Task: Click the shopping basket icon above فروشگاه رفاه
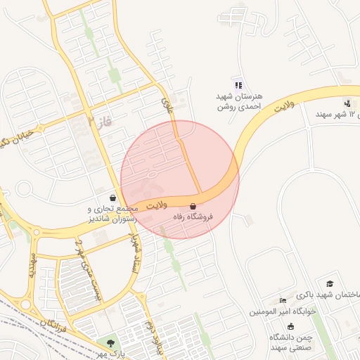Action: click(193, 207)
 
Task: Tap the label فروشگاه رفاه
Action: click(193, 218)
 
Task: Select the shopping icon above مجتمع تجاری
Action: click(114, 198)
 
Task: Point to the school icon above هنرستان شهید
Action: click(238, 84)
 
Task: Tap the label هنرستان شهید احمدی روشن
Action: click(238, 101)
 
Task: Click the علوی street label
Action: click(167, 106)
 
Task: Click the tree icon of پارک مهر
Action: click(110, 342)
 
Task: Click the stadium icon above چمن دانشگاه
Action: click(291, 326)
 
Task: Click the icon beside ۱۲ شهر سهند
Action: click(348, 103)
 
